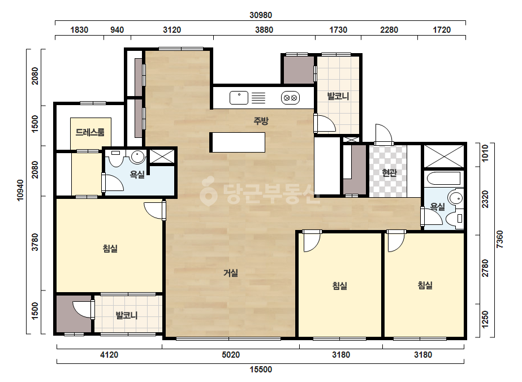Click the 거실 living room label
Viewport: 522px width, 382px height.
pos(230,273)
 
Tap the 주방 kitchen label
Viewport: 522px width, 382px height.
pos(261,121)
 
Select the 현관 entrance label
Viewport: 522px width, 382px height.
pos(389,173)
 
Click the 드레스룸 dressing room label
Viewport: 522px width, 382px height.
pos(90,132)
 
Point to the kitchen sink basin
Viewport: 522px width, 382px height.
pos(239,98)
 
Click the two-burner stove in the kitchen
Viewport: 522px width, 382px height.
pos(290,98)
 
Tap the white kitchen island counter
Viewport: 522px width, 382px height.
pos(238,142)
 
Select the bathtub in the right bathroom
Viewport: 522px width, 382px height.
pos(443,179)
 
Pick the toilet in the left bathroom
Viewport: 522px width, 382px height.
pos(117,159)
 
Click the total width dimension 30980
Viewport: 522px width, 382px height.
pos(261,15)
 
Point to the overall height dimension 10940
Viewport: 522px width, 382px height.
pos(20,190)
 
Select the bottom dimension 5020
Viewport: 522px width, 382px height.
pos(231,355)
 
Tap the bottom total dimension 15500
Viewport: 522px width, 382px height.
pos(261,370)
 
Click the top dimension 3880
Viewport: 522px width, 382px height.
pos(264,30)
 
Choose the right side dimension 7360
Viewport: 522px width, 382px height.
pos(500,239)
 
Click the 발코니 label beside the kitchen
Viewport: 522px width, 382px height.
pos(338,97)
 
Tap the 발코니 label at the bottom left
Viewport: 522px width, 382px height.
pos(127,315)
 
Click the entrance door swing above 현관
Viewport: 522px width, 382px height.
pos(384,134)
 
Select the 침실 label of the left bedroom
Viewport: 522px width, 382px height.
pos(110,249)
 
